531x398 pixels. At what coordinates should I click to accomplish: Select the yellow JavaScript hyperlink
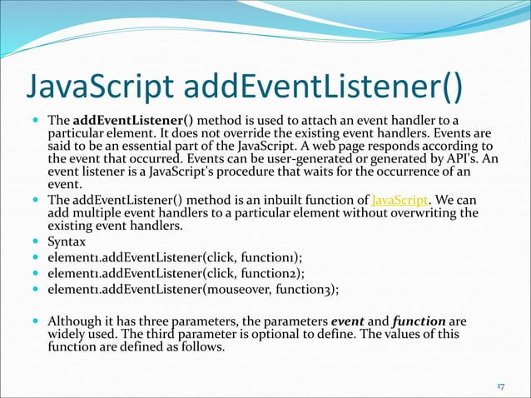point(399,200)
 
